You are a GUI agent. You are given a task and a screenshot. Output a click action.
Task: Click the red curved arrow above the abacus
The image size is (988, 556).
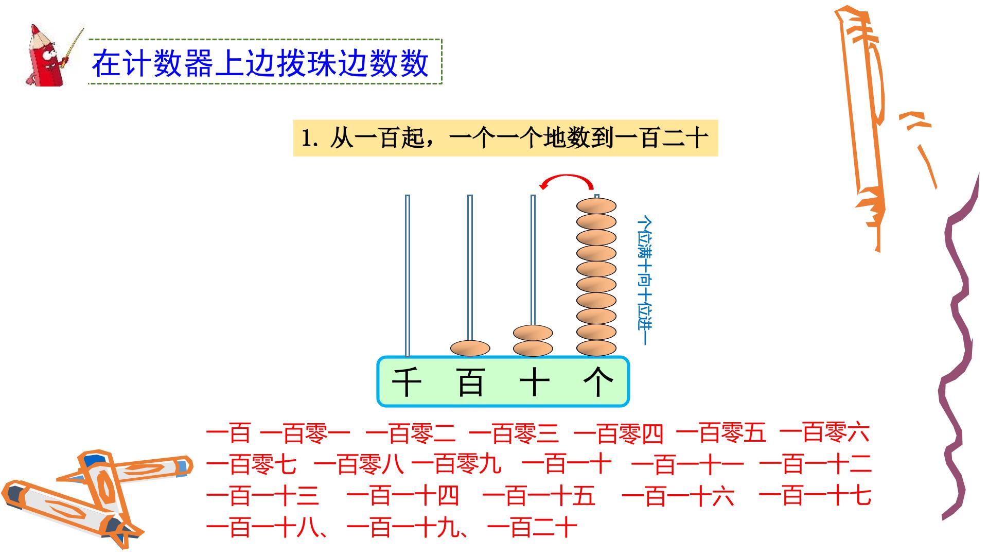pyautogui.click(x=566, y=177)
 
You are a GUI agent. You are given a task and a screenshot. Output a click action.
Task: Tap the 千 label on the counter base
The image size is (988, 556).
pyautogui.click(x=407, y=382)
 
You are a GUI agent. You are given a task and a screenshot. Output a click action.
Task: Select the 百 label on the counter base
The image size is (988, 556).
pyautogui.click(x=470, y=382)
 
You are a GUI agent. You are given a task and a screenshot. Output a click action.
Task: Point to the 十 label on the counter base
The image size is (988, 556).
pyautogui.click(x=534, y=382)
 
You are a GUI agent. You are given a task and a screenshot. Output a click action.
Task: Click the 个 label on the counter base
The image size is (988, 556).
pyautogui.click(x=598, y=382)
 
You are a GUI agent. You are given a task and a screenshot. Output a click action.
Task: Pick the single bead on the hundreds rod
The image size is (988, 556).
pyautogui.click(x=470, y=348)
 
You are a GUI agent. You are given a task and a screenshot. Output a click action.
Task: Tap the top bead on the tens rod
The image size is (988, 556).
pyautogui.click(x=533, y=333)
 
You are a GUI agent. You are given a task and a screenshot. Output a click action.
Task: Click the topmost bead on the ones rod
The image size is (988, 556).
pyautogui.click(x=596, y=206)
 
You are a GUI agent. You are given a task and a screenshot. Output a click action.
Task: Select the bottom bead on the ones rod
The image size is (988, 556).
pyautogui.click(x=596, y=348)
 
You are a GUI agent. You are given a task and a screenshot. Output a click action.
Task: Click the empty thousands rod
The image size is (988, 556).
pyautogui.click(x=408, y=275)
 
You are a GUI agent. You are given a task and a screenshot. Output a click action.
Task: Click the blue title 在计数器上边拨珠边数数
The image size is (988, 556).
pyautogui.click(x=260, y=63)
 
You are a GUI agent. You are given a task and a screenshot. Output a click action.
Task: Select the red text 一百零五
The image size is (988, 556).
pyautogui.click(x=721, y=433)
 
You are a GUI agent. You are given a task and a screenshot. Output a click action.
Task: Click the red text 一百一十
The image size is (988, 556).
pyautogui.click(x=567, y=464)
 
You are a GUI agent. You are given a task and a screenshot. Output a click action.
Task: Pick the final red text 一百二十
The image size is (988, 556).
pyautogui.click(x=532, y=527)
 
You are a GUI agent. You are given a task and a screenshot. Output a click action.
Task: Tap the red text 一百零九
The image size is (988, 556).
pyautogui.click(x=456, y=464)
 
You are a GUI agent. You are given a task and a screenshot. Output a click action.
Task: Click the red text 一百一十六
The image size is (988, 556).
pyautogui.click(x=678, y=496)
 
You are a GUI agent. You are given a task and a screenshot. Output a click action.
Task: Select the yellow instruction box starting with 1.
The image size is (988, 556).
pyautogui.click(x=505, y=138)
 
